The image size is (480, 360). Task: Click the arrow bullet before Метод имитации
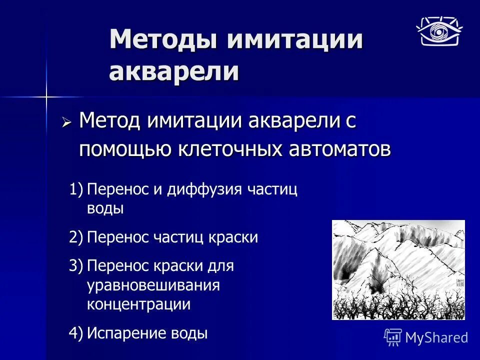(x=67, y=122)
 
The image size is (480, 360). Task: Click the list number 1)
(x=76, y=190)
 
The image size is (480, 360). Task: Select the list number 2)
(x=76, y=237)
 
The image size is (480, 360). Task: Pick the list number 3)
(x=76, y=266)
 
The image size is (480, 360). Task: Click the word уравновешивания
(x=153, y=285)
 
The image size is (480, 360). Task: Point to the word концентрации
(x=138, y=304)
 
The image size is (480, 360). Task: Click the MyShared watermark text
(x=436, y=337)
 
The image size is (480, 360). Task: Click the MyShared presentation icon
(x=393, y=337)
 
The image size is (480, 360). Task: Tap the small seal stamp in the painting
(x=460, y=282)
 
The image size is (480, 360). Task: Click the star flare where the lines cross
(x=46, y=96)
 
